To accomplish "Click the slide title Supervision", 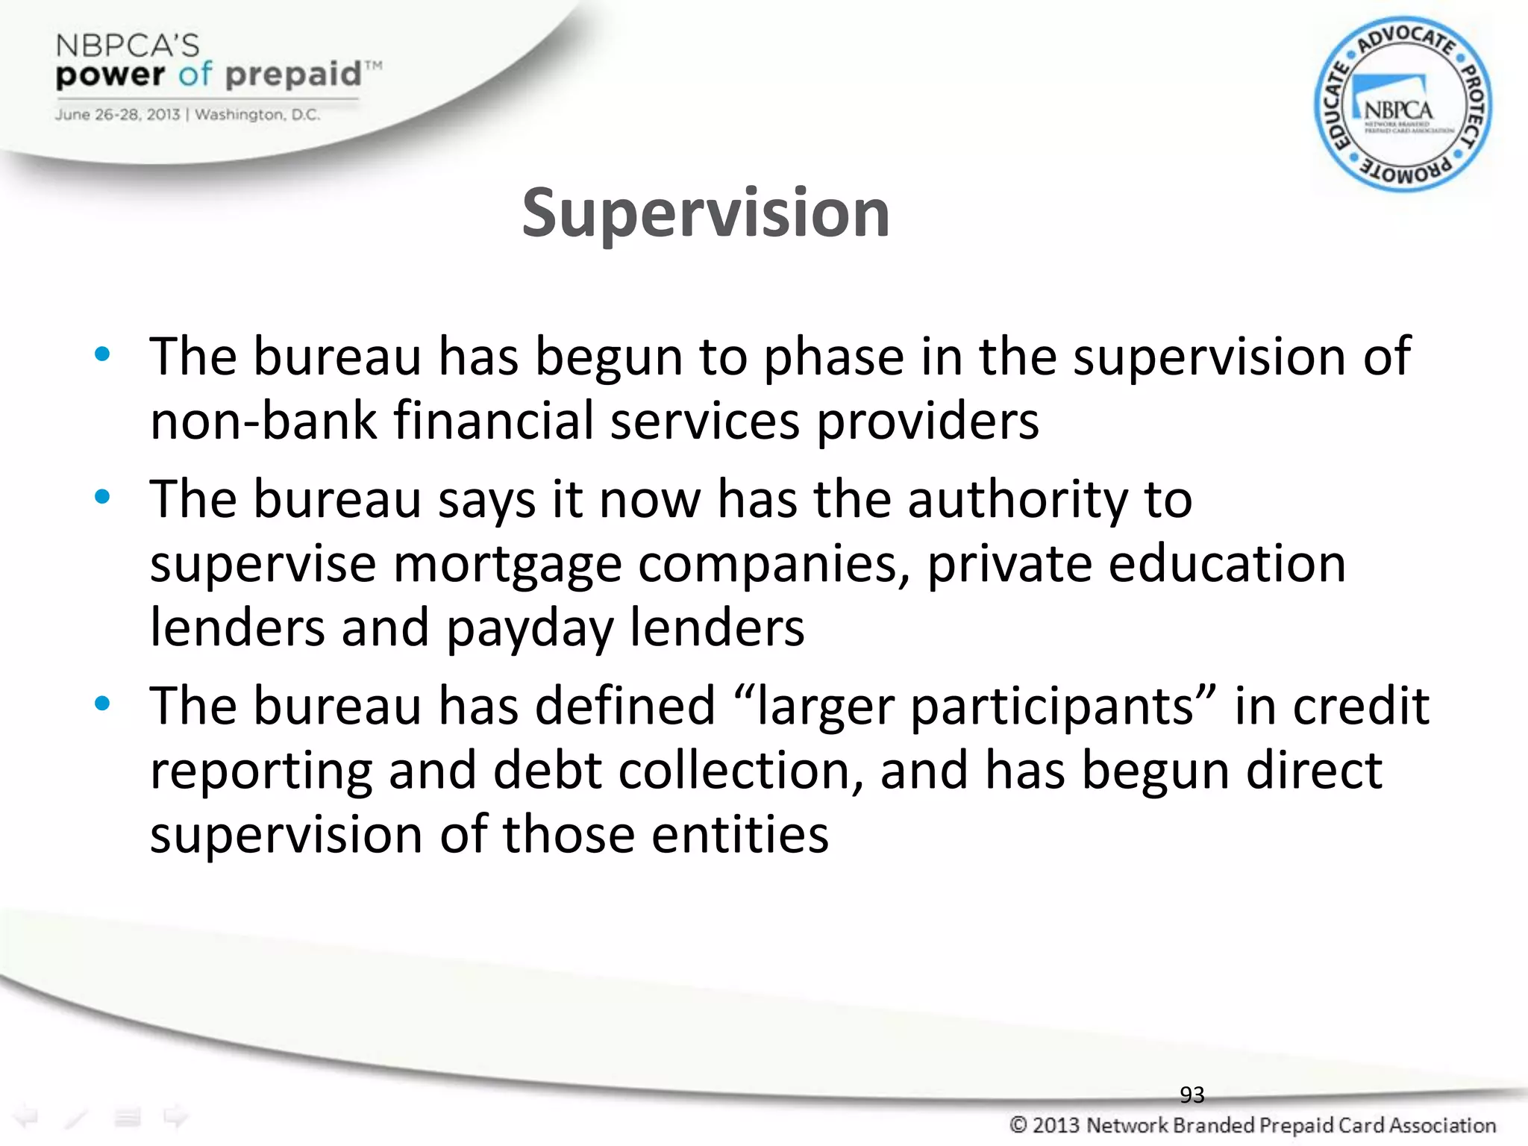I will click(705, 214).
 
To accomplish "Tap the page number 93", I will click(1192, 1095).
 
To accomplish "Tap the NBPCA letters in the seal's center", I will click(1398, 110).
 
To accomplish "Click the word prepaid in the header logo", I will click(293, 75).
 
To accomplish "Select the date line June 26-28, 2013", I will click(116, 115).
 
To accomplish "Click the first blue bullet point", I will click(102, 354).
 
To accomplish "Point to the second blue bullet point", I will click(102, 496).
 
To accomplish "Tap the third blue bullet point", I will click(102, 703).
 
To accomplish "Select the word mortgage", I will click(507, 564).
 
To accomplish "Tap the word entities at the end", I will click(739, 834).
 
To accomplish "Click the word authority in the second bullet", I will click(1018, 499).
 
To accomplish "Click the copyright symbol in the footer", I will click(1018, 1124).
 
